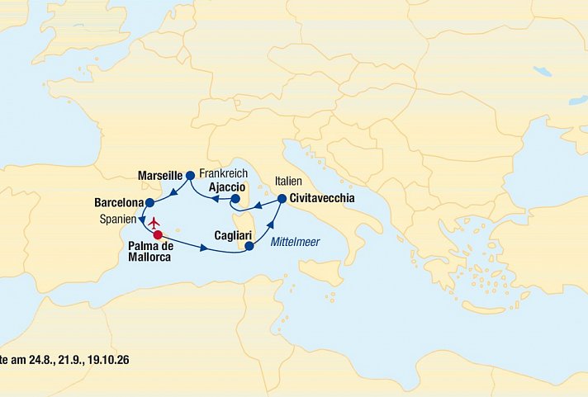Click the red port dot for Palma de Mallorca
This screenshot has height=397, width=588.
point(158,234)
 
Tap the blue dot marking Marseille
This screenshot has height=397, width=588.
point(190,175)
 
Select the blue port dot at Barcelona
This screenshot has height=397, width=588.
point(149,202)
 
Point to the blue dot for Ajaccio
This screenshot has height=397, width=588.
point(235,199)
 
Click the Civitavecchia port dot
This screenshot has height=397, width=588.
point(282,199)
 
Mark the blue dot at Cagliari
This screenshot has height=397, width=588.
point(249,245)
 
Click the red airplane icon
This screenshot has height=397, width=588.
point(154,220)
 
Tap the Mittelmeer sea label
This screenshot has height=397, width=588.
point(295,241)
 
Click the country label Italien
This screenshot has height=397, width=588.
point(284,181)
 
